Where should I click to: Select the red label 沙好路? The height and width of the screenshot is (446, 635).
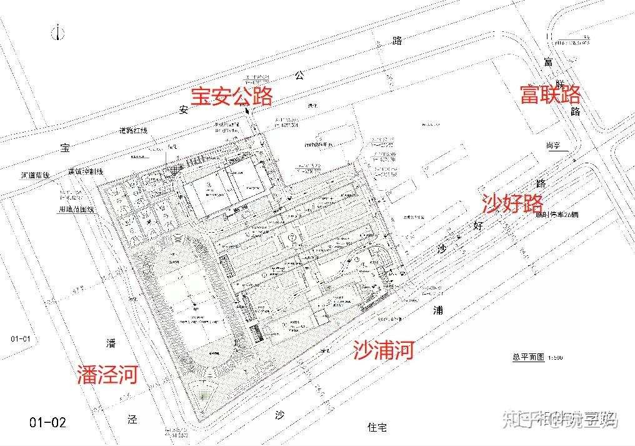point(512,202)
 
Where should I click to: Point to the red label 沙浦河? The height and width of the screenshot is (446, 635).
point(383,350)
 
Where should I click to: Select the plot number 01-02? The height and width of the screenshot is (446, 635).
point(47,422)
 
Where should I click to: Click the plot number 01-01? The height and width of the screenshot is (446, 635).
point(21,339)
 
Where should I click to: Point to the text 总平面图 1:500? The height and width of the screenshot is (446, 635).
point(537,357)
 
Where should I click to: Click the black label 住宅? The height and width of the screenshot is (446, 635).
point(377,428)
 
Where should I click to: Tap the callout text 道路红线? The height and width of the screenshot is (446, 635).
point(133,131)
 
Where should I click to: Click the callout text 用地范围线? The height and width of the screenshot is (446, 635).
point(76,210)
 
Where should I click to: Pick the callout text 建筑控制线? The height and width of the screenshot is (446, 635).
point(85,171)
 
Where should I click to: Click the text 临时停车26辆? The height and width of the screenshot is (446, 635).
point(557,214)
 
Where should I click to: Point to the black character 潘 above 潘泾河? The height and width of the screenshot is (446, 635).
point(111,342)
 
